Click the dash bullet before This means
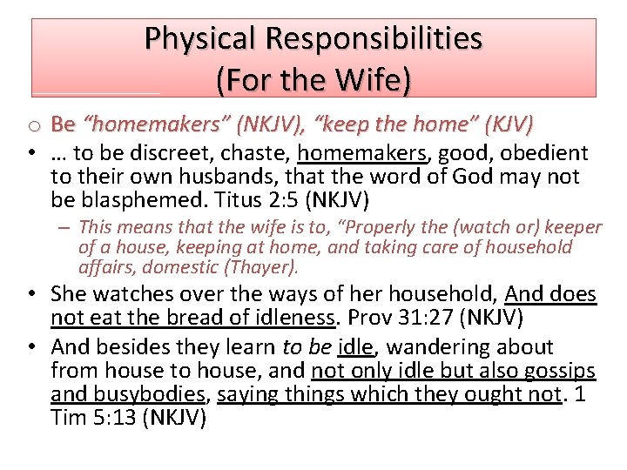(x=67, y=227)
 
